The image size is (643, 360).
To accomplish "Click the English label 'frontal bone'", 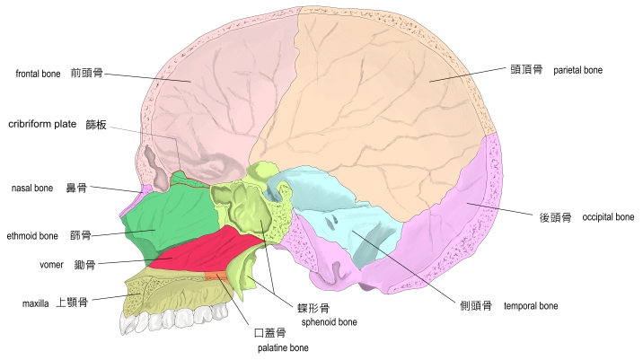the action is pos(38,74).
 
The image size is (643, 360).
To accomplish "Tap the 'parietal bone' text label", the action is pos(577,70).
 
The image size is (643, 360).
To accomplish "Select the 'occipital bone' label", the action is pos(608,217).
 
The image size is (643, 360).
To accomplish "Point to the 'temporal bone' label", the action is pos(531,306).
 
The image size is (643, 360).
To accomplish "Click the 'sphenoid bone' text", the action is pos(329,322).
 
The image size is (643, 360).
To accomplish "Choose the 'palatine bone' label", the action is pos(283,348).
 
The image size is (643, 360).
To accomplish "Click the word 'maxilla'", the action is pos(35,303).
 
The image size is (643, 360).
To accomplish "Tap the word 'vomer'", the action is pos(51,265).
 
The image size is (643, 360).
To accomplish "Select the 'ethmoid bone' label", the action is pos(32,236).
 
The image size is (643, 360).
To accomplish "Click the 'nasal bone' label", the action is pos(32,189).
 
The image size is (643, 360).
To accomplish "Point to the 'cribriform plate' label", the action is pos(42,124).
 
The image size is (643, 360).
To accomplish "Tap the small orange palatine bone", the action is pos(216,276).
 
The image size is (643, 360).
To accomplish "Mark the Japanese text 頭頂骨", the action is pos(526,70).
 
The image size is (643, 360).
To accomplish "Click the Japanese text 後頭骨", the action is pos(555,217).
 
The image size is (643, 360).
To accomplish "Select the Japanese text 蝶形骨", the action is pos(313,308).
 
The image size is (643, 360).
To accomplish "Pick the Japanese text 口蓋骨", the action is pos(269,333).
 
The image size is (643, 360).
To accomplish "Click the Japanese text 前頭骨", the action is pos(86,73).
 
